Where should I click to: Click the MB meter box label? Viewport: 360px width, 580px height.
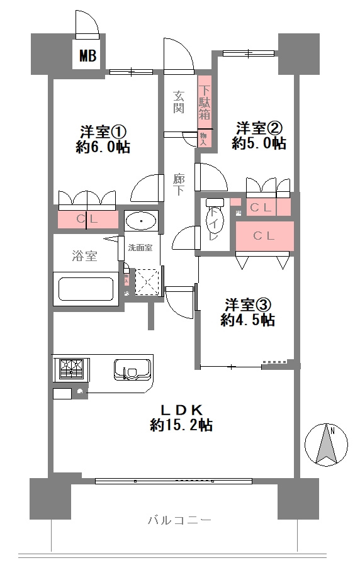[87, 57]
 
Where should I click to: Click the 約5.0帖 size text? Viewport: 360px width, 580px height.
[259, 143]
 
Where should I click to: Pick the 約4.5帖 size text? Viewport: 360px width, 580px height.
[247, 320]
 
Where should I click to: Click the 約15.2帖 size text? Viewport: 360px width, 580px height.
[180, 426]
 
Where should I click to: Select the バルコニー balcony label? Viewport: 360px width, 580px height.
[179, 520]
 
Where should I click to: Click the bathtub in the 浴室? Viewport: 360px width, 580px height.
[87, 289]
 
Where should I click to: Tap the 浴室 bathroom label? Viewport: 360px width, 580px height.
[84, 255]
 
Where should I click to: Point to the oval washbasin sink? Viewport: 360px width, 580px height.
[141, 221]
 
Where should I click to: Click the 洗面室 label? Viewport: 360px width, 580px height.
[140, 247]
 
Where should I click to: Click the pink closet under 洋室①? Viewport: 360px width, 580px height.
[87, 220]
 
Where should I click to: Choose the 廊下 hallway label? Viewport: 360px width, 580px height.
[179, 184]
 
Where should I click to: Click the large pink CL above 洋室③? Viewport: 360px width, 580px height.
[264, 236]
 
